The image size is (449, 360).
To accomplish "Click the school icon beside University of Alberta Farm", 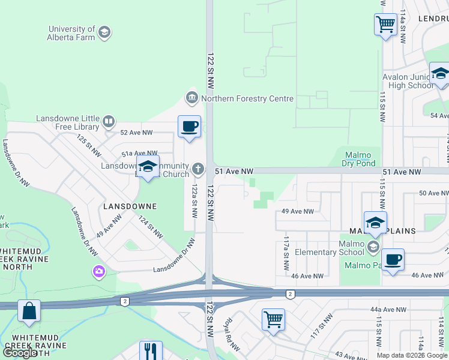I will (104, 32).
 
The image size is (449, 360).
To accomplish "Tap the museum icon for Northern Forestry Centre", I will (191, 97).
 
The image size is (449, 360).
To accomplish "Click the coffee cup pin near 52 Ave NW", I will (189, 127).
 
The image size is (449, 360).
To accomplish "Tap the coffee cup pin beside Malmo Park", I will (393, 260).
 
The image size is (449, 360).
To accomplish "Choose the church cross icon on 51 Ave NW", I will (199, 170).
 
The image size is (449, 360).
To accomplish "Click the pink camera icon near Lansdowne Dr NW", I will (98, 272).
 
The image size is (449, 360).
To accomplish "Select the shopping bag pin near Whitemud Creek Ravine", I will (29, 311).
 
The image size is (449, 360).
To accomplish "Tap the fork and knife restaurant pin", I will (151, 351).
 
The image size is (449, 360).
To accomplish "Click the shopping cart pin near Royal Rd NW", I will (273, 319).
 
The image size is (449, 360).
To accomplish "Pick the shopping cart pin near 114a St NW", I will (385, 25).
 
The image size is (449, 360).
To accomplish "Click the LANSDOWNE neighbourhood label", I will (130, 206).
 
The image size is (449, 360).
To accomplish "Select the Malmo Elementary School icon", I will (374, 247).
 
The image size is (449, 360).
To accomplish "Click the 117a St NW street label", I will (286, 252).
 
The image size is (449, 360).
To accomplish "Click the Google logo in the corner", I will (20, 353).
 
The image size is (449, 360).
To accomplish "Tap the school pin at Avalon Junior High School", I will (439, 73).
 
